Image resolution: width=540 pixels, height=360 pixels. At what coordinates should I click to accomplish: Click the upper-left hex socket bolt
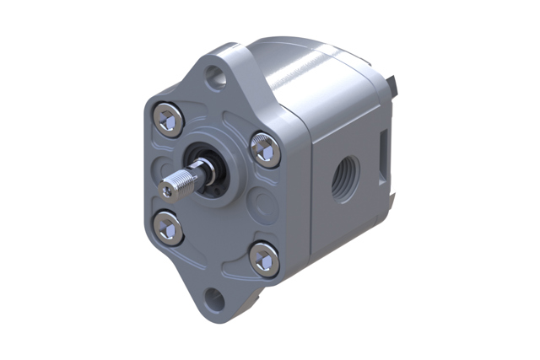pyautogui.click(x=166, y=120)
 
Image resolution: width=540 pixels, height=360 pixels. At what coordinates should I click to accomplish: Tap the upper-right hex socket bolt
pyautogui.click(x=265, y=150)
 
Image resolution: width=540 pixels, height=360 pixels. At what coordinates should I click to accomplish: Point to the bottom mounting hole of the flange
pyautogui.click(x=215, y=298)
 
